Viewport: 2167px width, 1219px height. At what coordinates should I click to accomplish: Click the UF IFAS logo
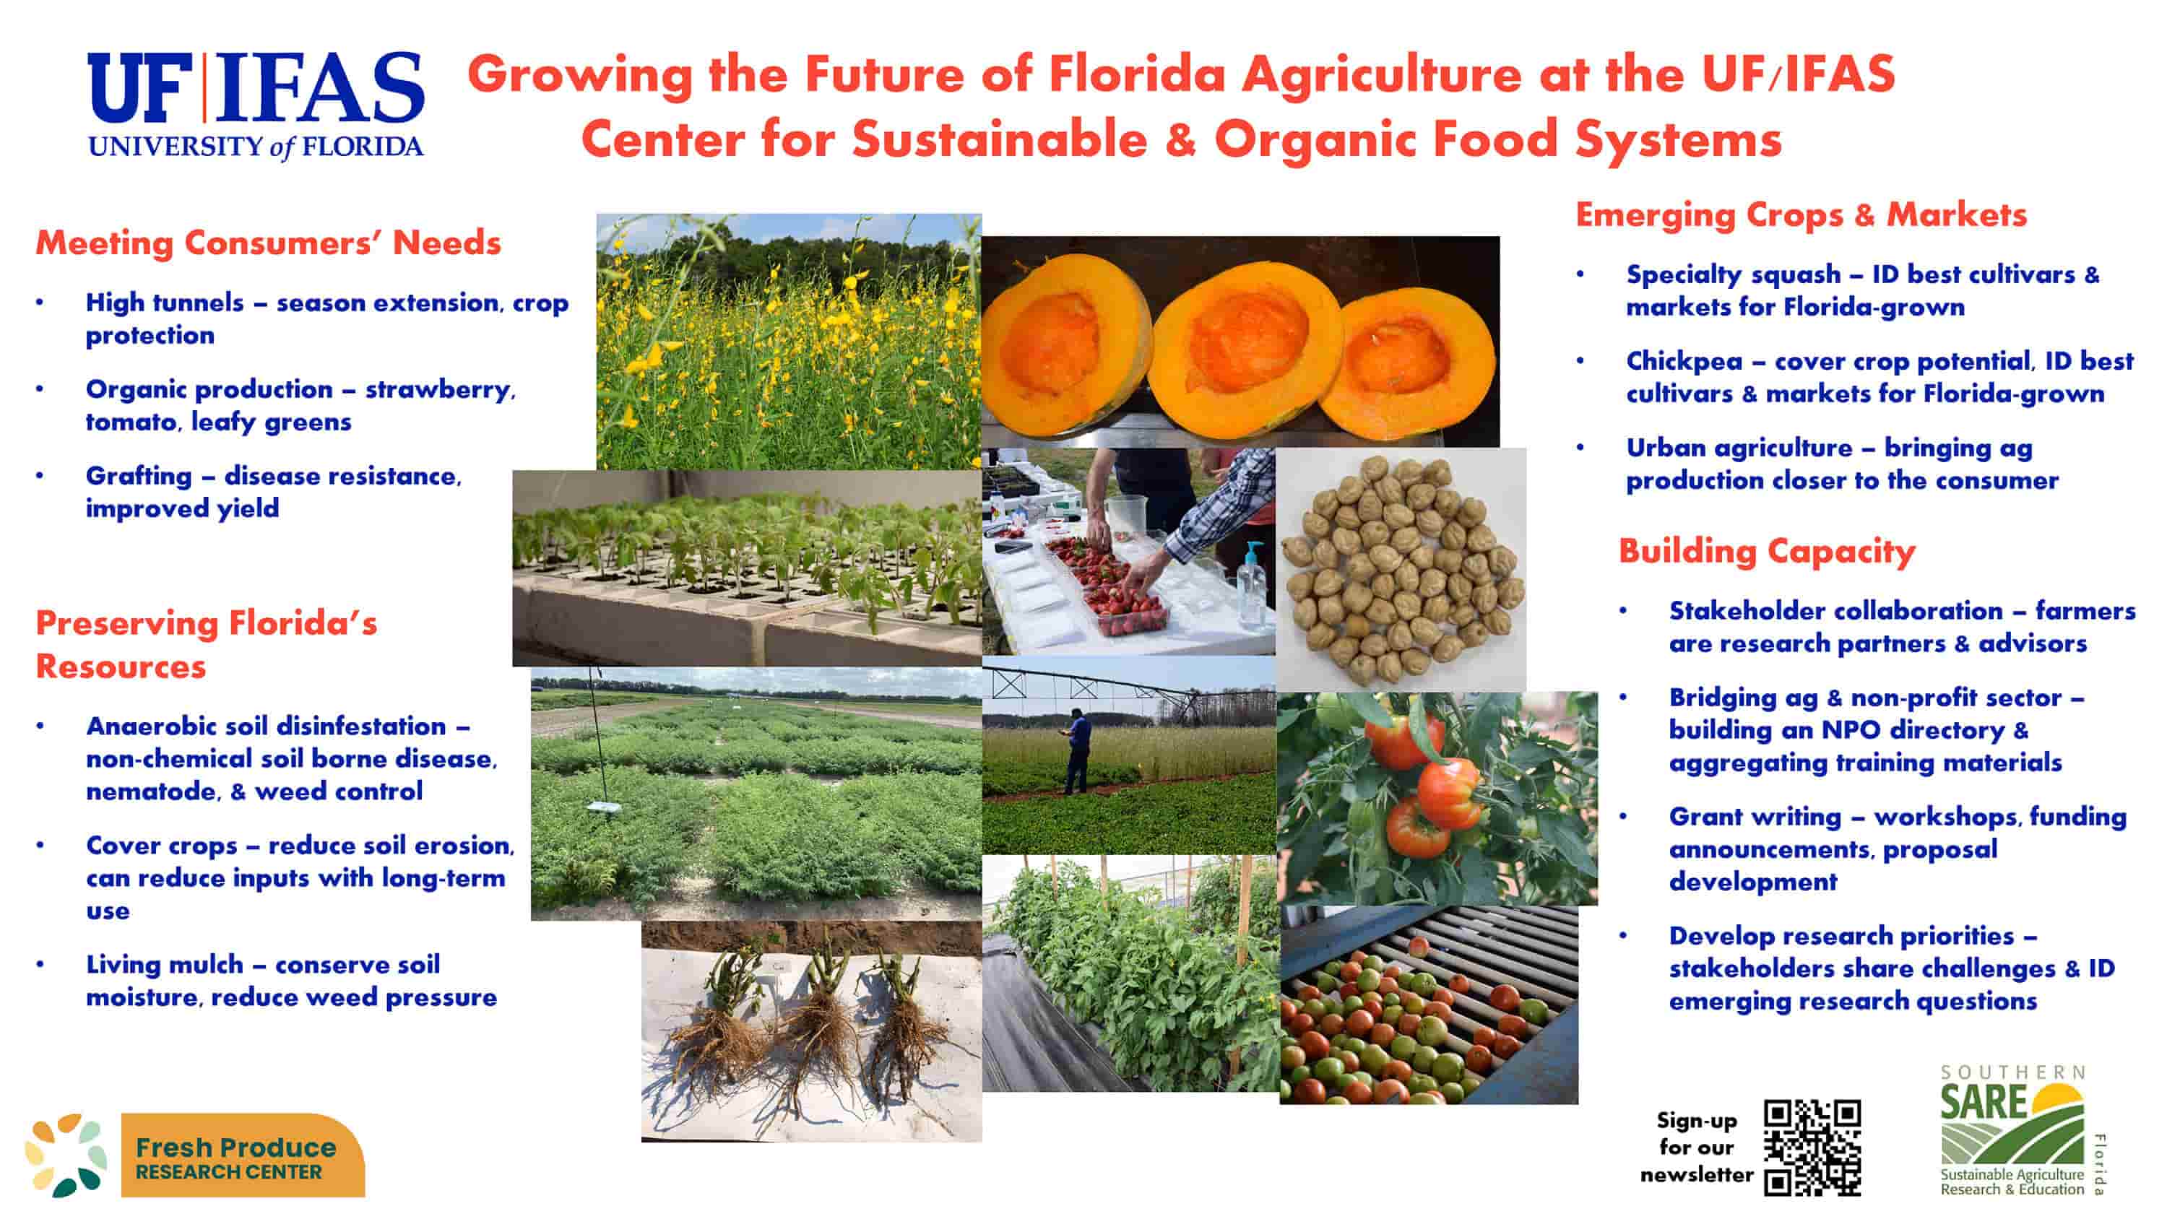tap(256, 105)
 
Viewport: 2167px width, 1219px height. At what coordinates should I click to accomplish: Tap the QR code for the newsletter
tap(1812, 1147)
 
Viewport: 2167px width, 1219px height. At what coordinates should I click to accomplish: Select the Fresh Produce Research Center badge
tap(196, 1154)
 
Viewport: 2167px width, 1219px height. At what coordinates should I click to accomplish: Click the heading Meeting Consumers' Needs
tap(269, 243)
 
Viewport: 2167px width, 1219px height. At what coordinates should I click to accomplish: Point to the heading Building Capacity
tap(1767, 551)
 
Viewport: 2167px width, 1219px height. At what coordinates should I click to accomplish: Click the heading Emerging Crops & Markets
tap(1801, 214)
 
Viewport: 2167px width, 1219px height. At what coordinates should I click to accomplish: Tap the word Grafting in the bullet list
tap(139, 476)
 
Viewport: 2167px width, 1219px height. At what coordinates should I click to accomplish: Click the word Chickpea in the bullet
tap(1684, 361)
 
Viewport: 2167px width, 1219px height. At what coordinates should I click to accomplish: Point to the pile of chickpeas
tap(1401, 569)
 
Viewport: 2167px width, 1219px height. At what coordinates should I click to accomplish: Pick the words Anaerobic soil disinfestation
tap(266, 726)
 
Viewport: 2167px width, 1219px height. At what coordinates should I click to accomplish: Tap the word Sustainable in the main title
tap(1000, 139)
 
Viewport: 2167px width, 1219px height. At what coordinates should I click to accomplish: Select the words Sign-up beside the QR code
tap(1697, 1121)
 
